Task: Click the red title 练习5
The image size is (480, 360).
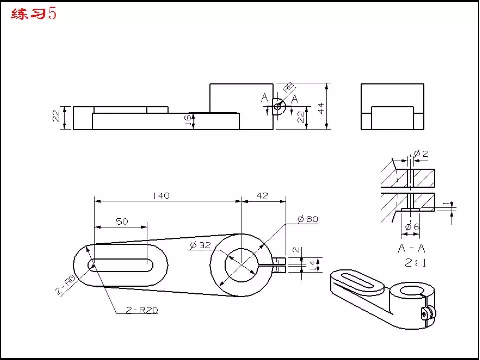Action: pos(33,14)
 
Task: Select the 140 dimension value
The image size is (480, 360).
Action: pos(161,196)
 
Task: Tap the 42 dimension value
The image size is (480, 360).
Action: pos(262,196)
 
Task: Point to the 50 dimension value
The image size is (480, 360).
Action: pos(122,221)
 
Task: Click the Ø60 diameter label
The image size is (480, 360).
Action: pos(308,219)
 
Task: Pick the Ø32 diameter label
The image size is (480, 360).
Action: pos(200,245)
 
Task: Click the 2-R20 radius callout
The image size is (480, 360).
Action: pos(142,310)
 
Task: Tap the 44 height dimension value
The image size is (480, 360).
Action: pos(321,108)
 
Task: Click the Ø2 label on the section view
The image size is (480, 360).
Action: pos(421,153)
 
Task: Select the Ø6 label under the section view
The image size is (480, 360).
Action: pos(412,227)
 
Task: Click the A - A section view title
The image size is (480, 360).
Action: pos(411,248)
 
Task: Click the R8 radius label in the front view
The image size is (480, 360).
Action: pos(289,87)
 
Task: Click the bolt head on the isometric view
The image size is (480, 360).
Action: pos(425,313)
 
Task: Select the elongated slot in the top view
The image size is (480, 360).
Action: pos(121,265)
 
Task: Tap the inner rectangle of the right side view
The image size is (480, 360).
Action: pos(392,118)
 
